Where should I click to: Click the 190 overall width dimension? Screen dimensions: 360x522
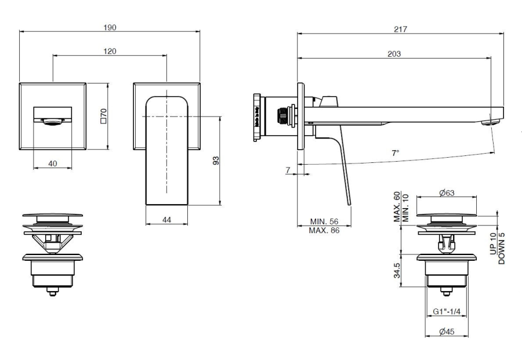click(110, 27)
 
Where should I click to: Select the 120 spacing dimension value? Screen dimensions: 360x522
click(110, 51)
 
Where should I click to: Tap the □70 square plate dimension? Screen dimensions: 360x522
click(104, 117)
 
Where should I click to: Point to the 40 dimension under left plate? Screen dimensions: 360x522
click(52, 164)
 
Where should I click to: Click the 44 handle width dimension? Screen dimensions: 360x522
click(166, 219)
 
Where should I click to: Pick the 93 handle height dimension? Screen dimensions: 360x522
click(216, 160)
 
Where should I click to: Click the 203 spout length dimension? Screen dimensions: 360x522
click(394, 53)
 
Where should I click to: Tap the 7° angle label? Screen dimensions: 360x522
click(396, 153)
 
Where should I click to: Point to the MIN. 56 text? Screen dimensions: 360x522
click(324, 222)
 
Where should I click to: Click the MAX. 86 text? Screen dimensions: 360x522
click(324, 230)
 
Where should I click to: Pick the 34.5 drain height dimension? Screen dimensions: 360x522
click(397, 270)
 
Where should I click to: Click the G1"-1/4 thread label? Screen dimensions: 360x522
click(447, 311)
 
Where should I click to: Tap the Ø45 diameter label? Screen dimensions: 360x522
click(446, 332)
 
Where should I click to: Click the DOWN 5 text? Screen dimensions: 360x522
click(502, 248)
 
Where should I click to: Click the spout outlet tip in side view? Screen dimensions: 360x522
click(492, 121)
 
